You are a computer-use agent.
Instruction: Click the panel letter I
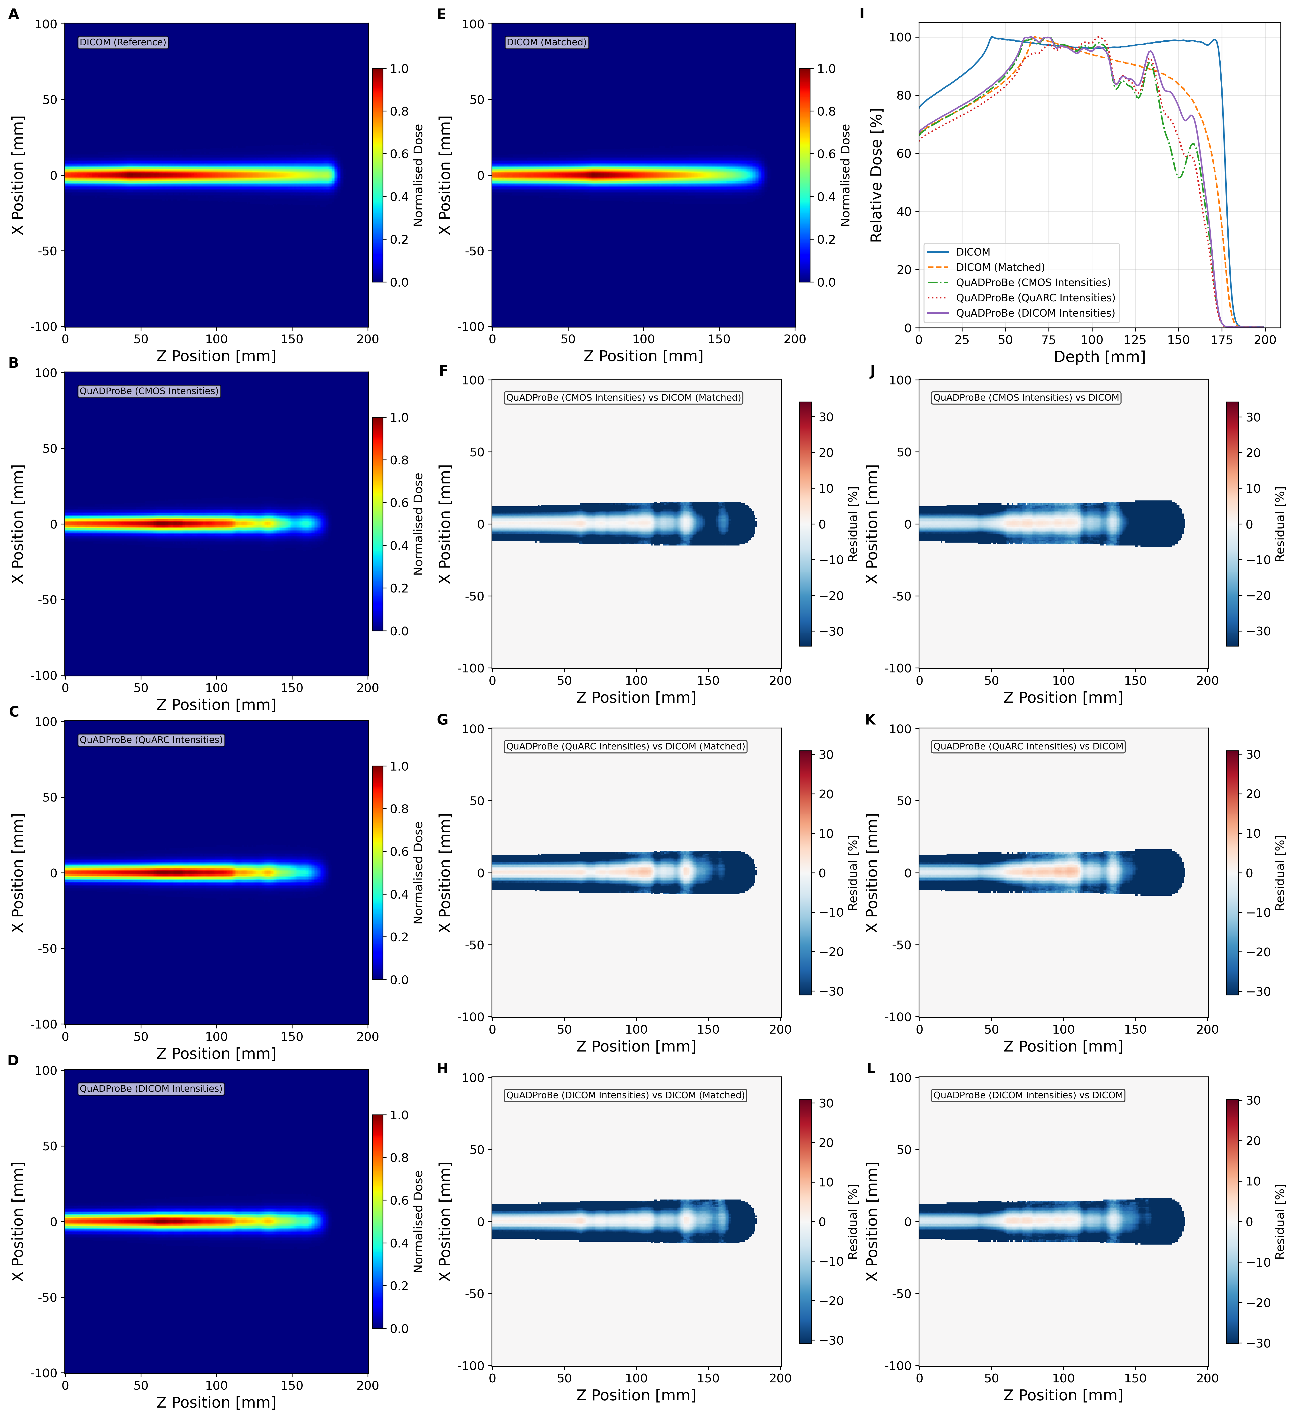tap(862, 13)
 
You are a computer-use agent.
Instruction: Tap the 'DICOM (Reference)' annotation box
tap(123, 42)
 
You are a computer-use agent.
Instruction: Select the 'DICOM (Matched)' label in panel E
tap(547, 42)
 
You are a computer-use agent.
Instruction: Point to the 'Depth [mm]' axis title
tap(1099, 357)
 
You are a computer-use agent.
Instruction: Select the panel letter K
tap(870, 720)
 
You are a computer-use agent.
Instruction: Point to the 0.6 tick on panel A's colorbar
tap(400, 154)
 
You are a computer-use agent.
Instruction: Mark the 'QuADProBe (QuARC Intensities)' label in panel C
tap(151, 740)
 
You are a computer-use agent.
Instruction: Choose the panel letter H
tap(442, 1068)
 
